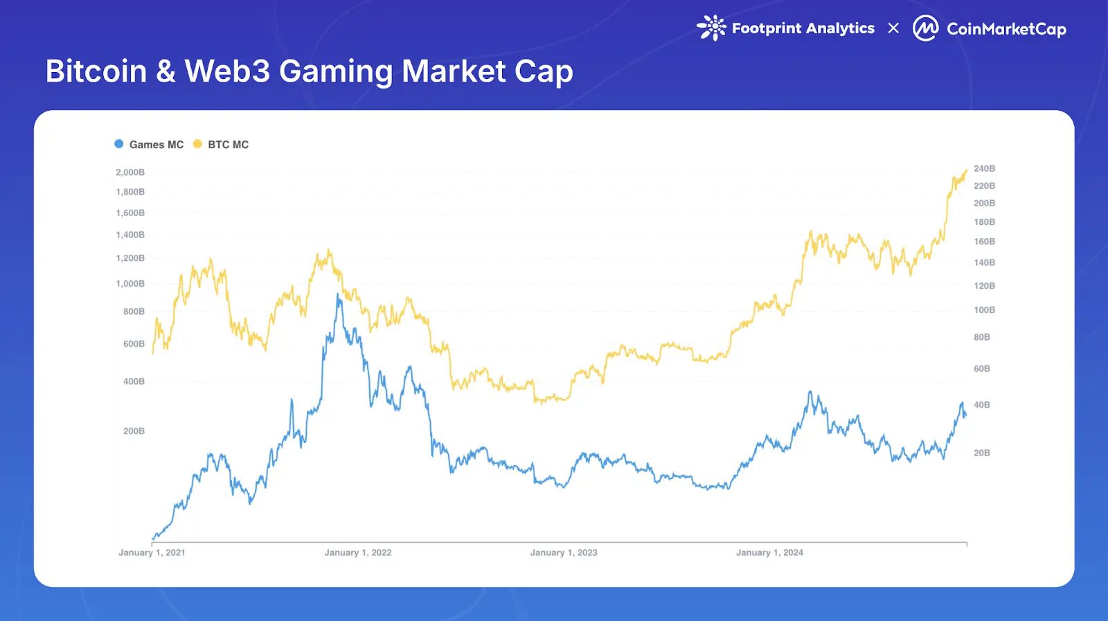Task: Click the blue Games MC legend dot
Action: click(x=119, y=144)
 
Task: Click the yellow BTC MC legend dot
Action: click(x=197, y=144)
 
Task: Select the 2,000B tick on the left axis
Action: click(x=130, y=172)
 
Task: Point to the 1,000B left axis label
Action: click(x=130, y=284)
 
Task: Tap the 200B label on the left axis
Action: click(x=134, y=431)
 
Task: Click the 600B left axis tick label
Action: click(x=134, y=344)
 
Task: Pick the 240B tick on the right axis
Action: click(x=984, y=169)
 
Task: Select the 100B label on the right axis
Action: click(x=984, y=310)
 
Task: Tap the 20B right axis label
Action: click(x=981, y=453)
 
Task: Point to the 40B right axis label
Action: click(x=981, y=405)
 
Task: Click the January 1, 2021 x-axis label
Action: click(x=152, y=552)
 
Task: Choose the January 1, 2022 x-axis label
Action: click(x=358, y=552)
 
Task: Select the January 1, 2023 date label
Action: click(x=564, y=552)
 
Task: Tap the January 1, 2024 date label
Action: click(x=769, y=552)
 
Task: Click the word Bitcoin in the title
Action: click(x=96, y=71)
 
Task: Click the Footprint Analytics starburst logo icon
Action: click(x=711, y=28)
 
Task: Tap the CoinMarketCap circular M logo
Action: click(x=925, y=28)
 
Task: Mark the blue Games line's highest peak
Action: click(x=339, y=294)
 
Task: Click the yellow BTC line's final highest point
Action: click(x=967, y=170)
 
